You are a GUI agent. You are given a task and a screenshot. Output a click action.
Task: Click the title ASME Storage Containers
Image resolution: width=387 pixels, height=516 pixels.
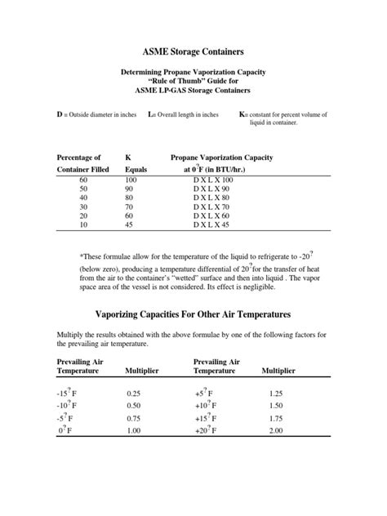(x=193, y=50)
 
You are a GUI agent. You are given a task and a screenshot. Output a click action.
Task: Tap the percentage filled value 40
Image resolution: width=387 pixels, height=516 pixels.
(x=82, y=197)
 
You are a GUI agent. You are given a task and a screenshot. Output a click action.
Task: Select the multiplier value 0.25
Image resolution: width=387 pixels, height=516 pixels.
(x=134, y=393)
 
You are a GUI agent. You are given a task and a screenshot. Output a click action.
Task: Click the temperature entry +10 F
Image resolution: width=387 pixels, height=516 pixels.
(x=205, y=406)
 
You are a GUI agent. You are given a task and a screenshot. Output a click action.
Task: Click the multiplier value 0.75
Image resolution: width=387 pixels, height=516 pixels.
(x=134, y=418)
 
